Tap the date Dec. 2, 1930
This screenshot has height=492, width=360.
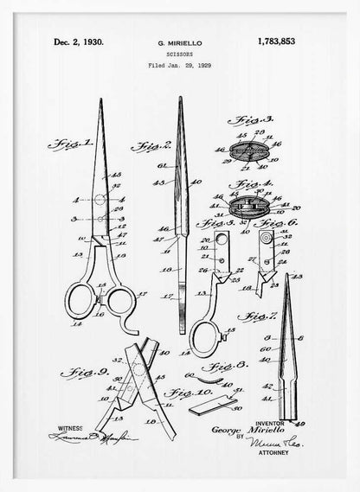78,41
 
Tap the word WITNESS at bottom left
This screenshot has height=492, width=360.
70,428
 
